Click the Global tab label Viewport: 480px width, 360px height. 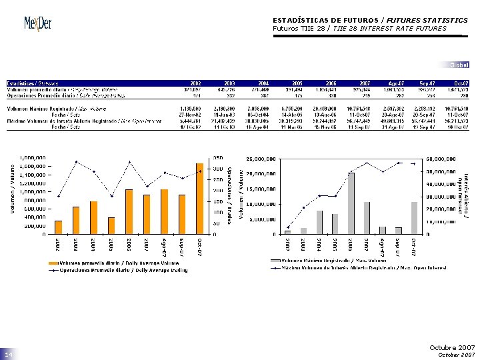pyautogui.click(x=459, y=65)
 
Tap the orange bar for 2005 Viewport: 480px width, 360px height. pyautogui.click(x=111, y=226)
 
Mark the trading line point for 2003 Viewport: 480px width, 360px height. pyautogui.click(x=76, y=161)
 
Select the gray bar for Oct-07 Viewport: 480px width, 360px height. pyautogui.click(x=414, y=218)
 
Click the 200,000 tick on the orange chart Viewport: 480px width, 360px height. pyautogui.click(x=35, y=226)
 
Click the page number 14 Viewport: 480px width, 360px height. pyautogui.click(x=7, y=355)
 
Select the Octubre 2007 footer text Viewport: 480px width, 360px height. pyautogui.click(x=452, y=347)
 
